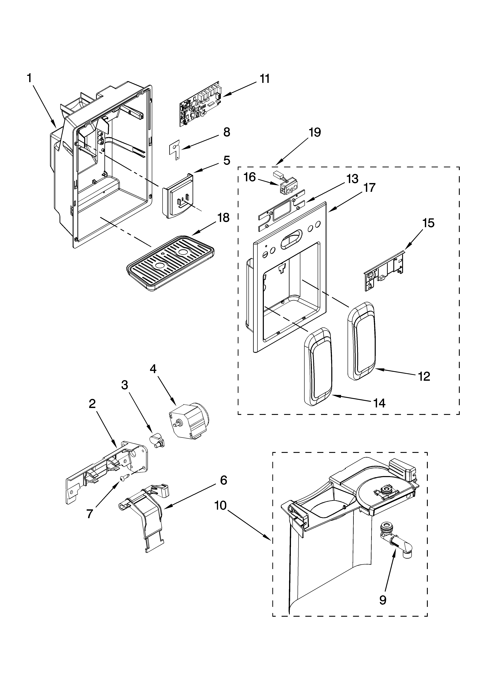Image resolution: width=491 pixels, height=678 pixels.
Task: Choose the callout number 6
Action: (x=223, y=480)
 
